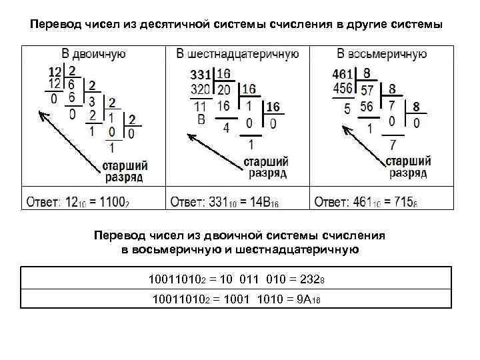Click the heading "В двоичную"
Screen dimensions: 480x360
[x=93, y=53]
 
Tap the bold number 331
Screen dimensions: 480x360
[x=202, y=73]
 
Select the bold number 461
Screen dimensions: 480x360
[x=343, y=73]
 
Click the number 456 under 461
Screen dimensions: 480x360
[x=344, y=89]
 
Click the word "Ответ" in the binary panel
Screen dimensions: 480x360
[x=43, y=201]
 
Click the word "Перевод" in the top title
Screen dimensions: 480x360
[x=56, y=25]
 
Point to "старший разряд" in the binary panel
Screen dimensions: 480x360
[x=126, y=171]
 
